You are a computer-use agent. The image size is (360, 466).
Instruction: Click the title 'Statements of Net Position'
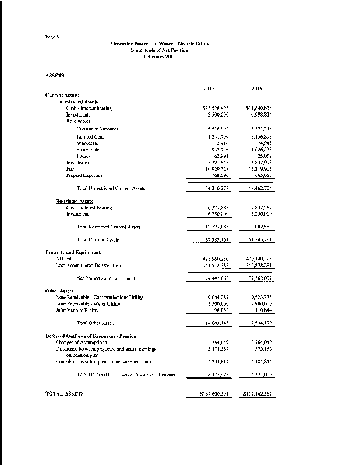159,50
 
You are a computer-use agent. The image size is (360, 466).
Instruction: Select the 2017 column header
210,89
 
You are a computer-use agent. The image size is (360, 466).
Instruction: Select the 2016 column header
257,89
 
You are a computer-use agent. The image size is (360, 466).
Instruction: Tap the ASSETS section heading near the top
55,76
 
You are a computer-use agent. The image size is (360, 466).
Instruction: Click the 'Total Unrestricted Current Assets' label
111,188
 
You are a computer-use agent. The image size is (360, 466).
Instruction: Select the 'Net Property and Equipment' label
106,278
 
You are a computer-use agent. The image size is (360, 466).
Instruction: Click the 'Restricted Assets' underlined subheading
72,201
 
